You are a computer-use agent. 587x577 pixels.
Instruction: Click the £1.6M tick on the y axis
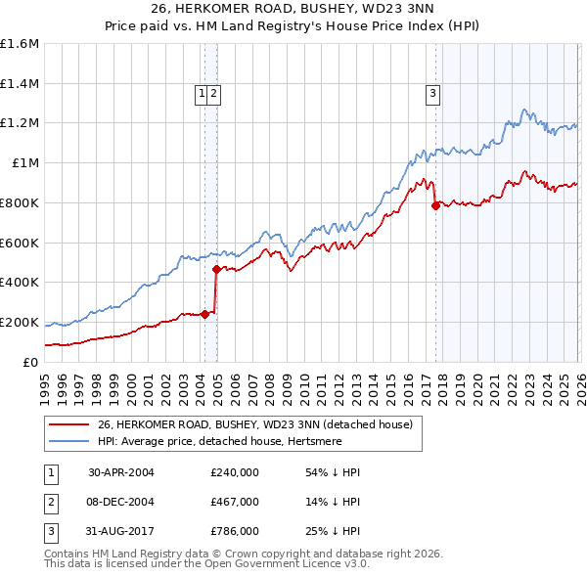click(20, 44)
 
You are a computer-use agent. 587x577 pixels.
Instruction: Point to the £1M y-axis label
click(24, 162)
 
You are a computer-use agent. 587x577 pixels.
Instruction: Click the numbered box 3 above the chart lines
click(432, 94)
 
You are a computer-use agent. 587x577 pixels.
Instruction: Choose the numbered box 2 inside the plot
click(213, 94)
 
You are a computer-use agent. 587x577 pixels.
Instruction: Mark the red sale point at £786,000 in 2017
click(435, 205)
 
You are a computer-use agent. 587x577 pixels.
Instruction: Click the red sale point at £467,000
click(216, 269)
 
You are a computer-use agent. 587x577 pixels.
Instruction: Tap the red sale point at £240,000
click(205, 314)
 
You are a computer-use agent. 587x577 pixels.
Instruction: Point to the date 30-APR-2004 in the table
click(121, 472)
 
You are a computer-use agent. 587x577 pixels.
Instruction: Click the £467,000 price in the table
click(235, 502)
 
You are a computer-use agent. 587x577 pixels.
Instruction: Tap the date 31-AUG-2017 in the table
click(121, 531)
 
